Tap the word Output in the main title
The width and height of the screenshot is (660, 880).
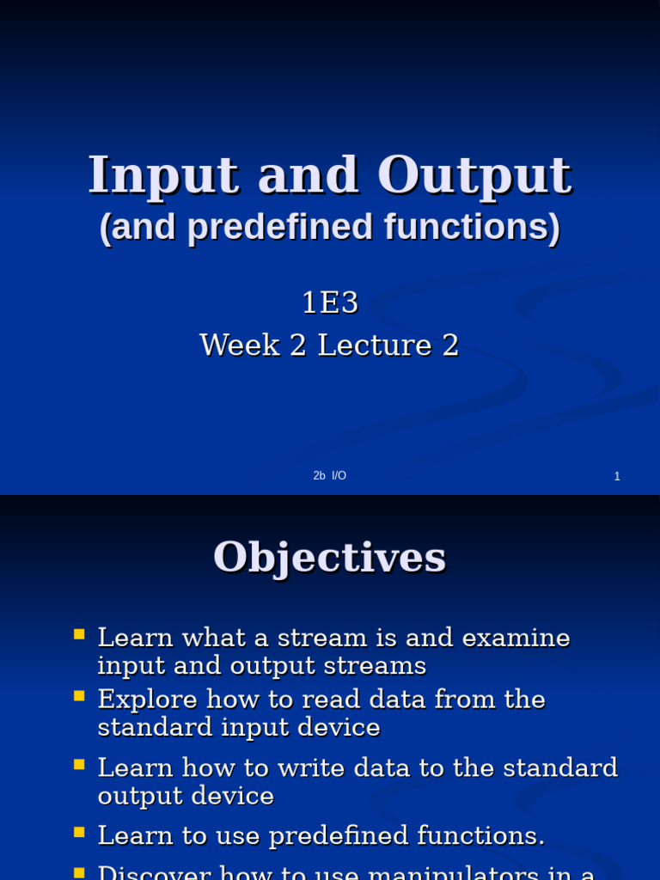(474, 176)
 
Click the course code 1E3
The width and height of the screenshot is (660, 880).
(329, 302)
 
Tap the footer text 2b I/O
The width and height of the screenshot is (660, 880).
(330, 476)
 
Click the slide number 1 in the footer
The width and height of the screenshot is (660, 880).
(617, 477)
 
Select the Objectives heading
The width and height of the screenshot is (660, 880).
(330, 557)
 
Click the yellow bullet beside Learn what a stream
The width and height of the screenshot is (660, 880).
(79, 635)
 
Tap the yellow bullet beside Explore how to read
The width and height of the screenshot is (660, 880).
(79, 695)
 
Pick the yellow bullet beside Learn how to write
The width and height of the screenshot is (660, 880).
(79, 763)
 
